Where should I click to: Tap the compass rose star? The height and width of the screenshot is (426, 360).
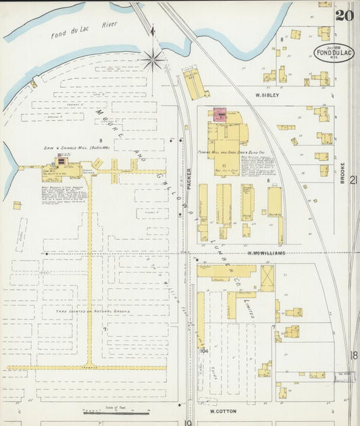tap(154, 59)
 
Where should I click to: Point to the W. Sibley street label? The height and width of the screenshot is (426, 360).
tap(267, 95)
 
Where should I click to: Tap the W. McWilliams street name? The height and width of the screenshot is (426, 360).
tap(266, 253)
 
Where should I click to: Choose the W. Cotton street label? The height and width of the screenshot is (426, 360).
tap(222, 410)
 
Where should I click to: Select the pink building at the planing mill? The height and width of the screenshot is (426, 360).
tap(220, 115)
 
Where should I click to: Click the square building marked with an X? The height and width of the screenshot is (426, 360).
tap(267, 276)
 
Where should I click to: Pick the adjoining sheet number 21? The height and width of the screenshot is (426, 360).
tap(353, 200)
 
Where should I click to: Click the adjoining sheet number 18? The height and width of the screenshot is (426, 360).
tap(353, 355)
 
